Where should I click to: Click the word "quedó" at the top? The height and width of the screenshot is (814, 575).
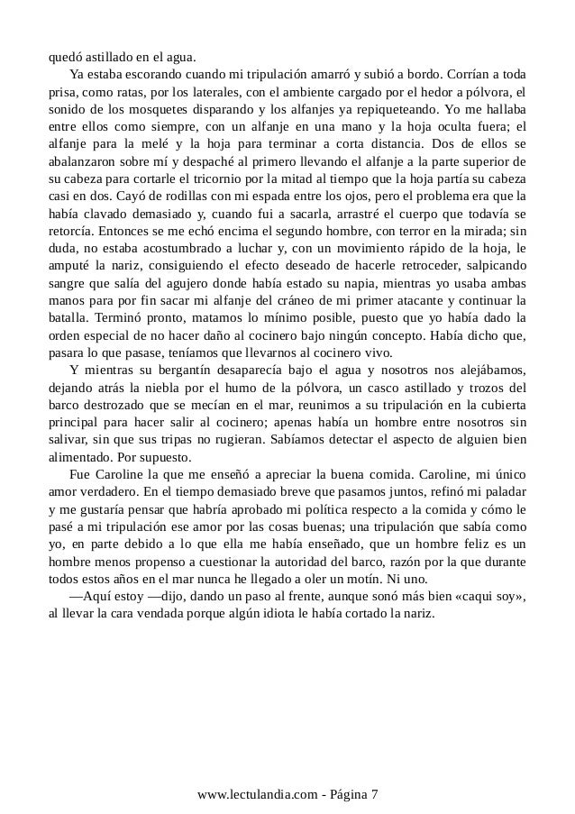coord(65,51)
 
